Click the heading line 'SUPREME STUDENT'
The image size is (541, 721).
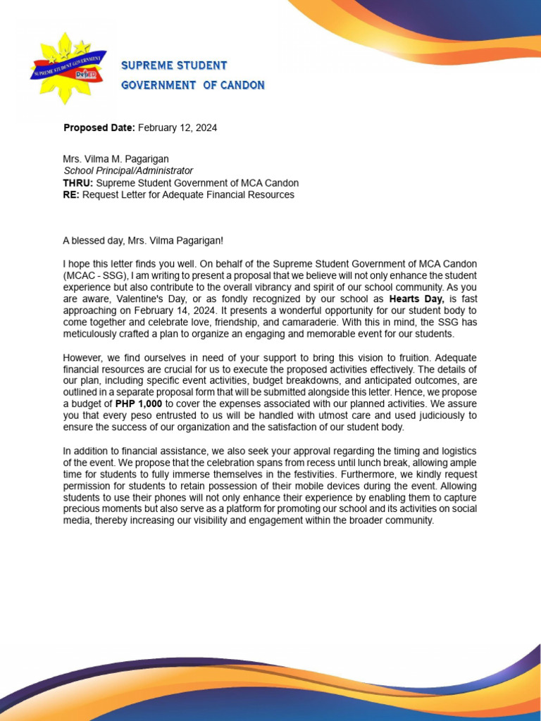pyautogui.click(x=174, y=65)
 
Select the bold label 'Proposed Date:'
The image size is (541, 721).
pyautogui.click(x=99, y=128)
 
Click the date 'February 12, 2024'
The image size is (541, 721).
pyautogui.click(x=178, y=128)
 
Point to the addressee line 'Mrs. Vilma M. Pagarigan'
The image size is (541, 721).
pyautogui.click(x=116, y=160)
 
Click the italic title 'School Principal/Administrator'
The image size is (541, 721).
pyautogui.click(x=128, y=171)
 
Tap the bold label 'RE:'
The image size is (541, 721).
pyautogui.click(x=71, y=194)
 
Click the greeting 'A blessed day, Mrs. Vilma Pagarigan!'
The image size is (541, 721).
pyautogui.click(x=143, y=241)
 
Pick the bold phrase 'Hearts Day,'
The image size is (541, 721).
pyautogui.click(x=417, y=299)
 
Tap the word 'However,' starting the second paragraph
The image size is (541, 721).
pyautogui.click(x=82, y=358)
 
